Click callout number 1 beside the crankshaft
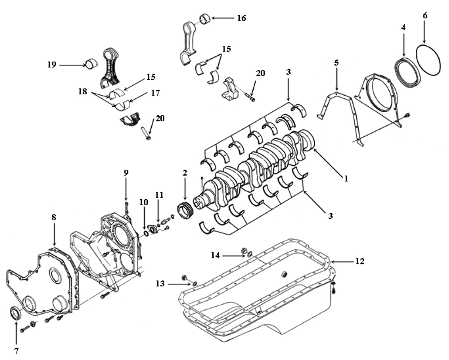coord(346,179)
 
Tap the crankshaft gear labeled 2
coord(185,211)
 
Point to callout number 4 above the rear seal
coord(403,27)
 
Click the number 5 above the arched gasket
coord(336,63)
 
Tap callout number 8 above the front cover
coord(54,217)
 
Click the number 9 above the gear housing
coord(126,172)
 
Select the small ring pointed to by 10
coord(146,233)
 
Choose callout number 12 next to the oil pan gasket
coord(360,261)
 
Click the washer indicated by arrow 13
coord(194,284)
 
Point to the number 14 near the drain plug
coord(215,255)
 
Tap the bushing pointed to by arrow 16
coord(205,19)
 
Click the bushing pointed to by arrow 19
coord(92,65)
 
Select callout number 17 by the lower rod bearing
coord(155,93)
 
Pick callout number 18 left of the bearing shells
coord(83,92)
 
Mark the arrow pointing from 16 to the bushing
coord(223,18)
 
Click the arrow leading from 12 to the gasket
coord(342,261)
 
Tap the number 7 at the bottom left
coord(16,351)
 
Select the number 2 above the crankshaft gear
coord(185,172)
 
